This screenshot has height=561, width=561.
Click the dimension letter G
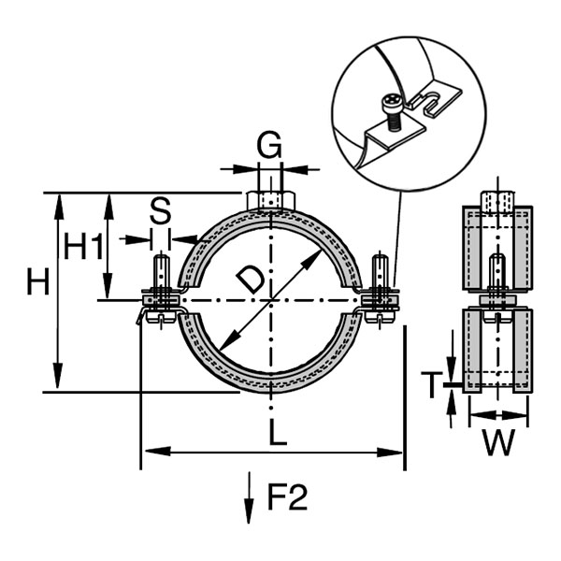pyautogui.click(x=269, y=146)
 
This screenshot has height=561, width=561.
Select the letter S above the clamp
pyautogui.click(x=160, y=211)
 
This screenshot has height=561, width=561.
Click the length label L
pyautogui.click(x=278, y=432)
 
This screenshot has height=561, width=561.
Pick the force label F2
pyautogui.click(x=287, y=497)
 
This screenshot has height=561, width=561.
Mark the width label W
pyautogui.click(x=498, y=442)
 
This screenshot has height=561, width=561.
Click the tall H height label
pyautogui.click(x=37, y=281)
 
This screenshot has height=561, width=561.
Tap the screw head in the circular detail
pyautogui.click(x=391, y=100)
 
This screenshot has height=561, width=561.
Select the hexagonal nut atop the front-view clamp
pyautogui.click(x=271, y=201)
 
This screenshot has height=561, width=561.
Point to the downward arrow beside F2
pyautogui.click(x=249, y=497)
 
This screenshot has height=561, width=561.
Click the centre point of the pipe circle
pyautogui.click(x=271, y=300)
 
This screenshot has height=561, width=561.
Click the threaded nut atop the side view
pyautogui.click(x=497, y=200)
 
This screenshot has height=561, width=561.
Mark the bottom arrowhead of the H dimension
pyautogui.click(x=58, y=376)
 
